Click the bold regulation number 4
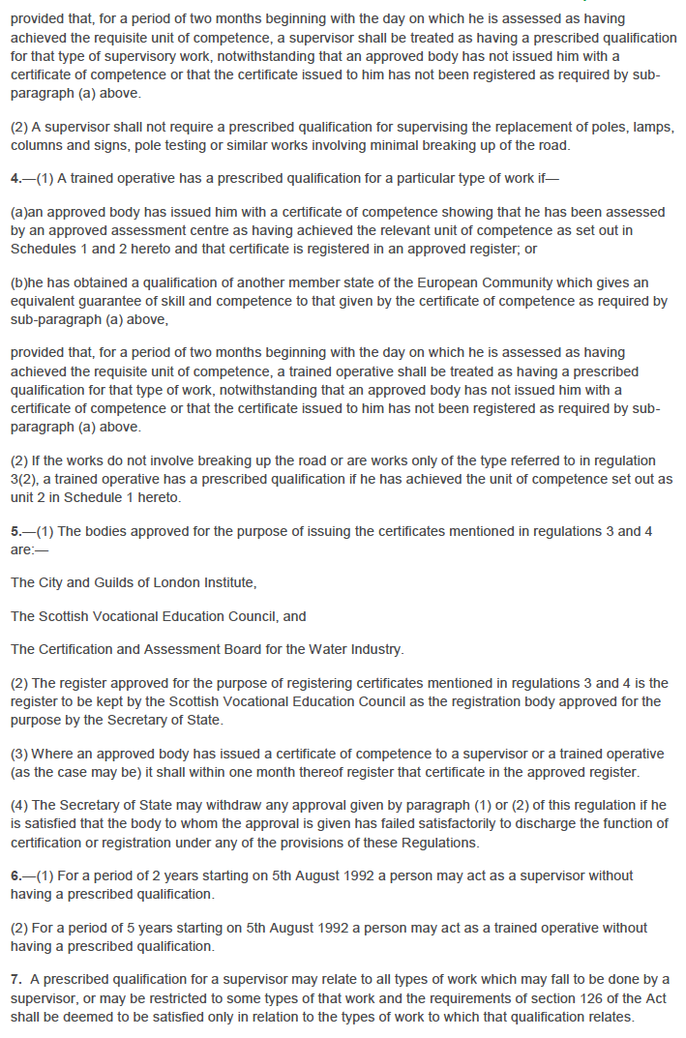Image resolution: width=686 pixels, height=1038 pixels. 15,179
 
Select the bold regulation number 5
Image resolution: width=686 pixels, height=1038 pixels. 15,531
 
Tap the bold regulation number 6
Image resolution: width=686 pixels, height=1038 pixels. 15,875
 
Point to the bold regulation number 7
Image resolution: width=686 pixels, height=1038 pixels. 15,979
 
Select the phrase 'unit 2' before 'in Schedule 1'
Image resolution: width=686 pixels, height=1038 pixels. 28,497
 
